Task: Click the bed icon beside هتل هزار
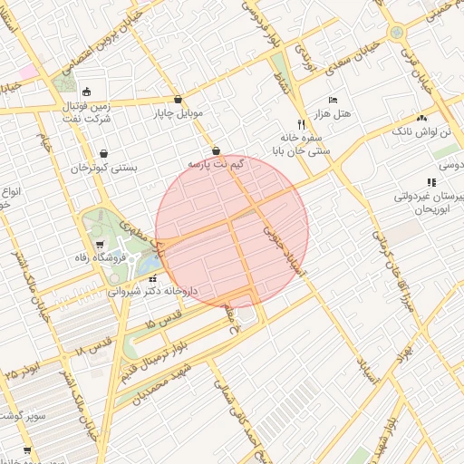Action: pos(333,99)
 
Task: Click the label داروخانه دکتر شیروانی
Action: pos(154,292)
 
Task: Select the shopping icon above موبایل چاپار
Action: pos(177,100)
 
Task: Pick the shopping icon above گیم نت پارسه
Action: pos(216,150)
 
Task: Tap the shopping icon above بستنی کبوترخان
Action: pos(104,153)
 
